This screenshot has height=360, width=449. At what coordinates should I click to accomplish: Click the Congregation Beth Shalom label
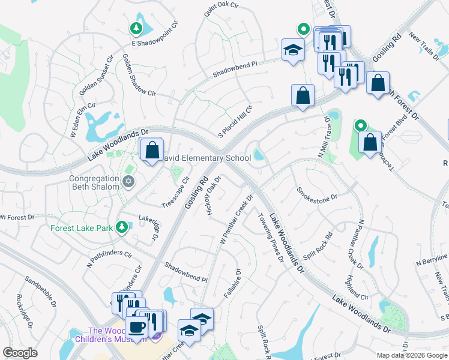94,183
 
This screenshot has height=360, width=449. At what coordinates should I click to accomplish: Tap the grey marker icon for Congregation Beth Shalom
127,181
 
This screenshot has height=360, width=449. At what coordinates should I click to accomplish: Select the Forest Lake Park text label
82,229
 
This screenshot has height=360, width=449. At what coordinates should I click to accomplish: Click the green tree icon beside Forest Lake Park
122,226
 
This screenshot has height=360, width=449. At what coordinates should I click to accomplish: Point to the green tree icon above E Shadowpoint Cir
136,28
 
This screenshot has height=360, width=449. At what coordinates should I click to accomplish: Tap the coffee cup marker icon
137,328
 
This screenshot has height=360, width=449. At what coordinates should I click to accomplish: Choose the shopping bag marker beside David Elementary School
152,149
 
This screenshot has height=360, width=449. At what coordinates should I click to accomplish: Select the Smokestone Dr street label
318,194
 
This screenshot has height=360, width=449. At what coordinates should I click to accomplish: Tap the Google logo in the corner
20,353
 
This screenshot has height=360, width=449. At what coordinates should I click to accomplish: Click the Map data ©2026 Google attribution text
411,355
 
